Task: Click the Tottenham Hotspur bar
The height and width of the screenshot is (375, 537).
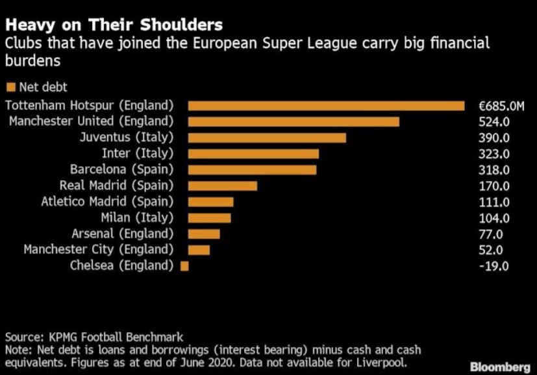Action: [327, 106]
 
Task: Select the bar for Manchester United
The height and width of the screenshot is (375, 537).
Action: [294, 122]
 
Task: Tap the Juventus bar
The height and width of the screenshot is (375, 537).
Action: [267, 138]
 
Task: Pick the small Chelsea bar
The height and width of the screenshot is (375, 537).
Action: [184, 266]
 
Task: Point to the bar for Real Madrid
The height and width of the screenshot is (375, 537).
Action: [223, 186]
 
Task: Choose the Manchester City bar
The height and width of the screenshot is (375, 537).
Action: [199, 250]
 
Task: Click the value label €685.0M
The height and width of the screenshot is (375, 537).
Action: [501, 106]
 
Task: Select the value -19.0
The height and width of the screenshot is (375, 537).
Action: [493, 266]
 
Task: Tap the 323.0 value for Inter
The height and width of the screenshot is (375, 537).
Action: [494, 154]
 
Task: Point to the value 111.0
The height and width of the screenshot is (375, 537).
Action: [494, 202]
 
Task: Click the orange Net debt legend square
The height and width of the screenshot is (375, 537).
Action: [11, 87]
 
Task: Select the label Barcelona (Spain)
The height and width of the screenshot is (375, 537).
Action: [121, 170]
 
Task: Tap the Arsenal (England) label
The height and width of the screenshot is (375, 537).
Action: [123, 234]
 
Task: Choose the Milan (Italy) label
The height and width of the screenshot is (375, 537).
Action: [137, 218]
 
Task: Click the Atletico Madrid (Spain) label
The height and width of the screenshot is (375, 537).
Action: [107, 202]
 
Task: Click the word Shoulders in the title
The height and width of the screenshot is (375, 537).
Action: [182, 25]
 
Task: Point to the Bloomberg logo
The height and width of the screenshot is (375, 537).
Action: [500, 367]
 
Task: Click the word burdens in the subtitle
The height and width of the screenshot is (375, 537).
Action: [32, 61]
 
